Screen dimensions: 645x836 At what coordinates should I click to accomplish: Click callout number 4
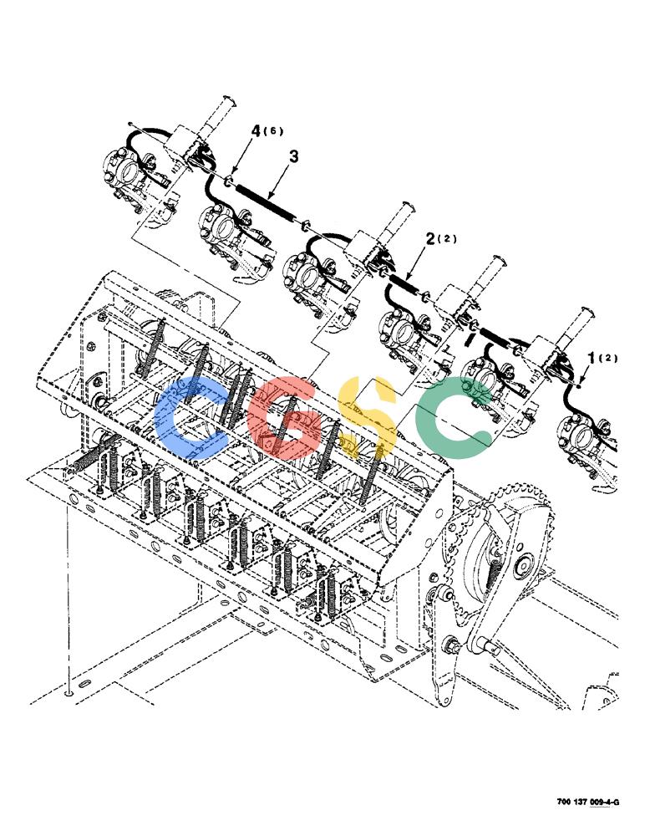256,130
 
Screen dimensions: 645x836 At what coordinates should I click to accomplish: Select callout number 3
293,157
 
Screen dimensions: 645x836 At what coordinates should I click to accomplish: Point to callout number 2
430,240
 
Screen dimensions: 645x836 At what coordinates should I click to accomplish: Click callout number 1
591,359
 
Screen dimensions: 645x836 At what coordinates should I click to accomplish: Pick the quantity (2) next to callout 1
608,358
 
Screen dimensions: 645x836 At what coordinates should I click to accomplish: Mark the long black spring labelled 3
266,201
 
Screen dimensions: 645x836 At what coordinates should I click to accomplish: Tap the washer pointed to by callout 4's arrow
228,181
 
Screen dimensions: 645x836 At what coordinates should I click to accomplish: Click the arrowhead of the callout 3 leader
270,198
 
